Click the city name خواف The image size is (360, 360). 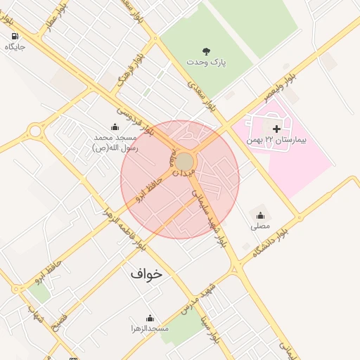point(146,274)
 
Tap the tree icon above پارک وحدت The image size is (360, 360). point(206,51)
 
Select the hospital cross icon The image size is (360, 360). point(276,129)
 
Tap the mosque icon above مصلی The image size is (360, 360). point(260,215)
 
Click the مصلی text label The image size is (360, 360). point(260,226)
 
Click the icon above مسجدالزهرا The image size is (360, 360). point(149,318)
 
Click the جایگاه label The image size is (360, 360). point(15,47)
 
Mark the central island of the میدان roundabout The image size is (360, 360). point(184,162)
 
